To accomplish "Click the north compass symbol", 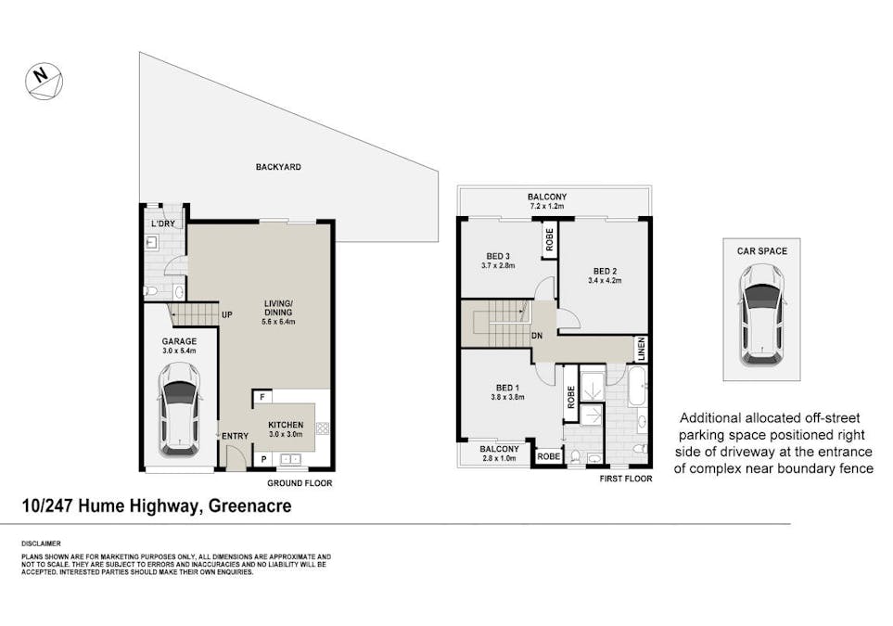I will pos(45,81).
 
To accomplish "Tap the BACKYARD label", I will pos(278,167).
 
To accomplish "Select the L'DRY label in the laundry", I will pos(162,224).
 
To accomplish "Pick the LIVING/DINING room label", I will pos(278,312).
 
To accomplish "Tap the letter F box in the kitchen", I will pos(262,398).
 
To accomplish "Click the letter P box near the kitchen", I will pos(262,459).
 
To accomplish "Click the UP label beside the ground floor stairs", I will pos(225,315).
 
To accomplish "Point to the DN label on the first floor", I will pos(536,336).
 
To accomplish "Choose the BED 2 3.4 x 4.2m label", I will pos(605,275).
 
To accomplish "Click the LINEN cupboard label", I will pos(640,349).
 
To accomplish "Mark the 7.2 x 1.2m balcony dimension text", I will pos(547,208).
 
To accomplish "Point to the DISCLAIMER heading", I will pos(41,543).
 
